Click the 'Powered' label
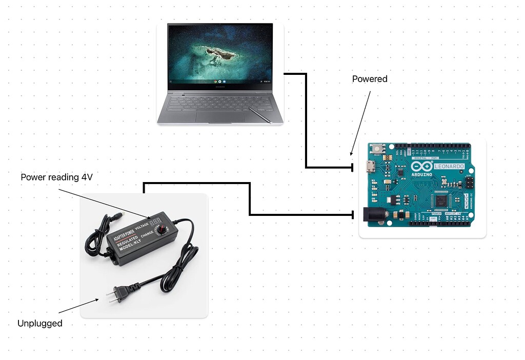tap(370, 79)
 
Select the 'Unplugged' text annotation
tap(40, 324)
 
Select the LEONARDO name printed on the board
tap(450, 167)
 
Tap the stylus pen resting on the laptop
tap(260, 115)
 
